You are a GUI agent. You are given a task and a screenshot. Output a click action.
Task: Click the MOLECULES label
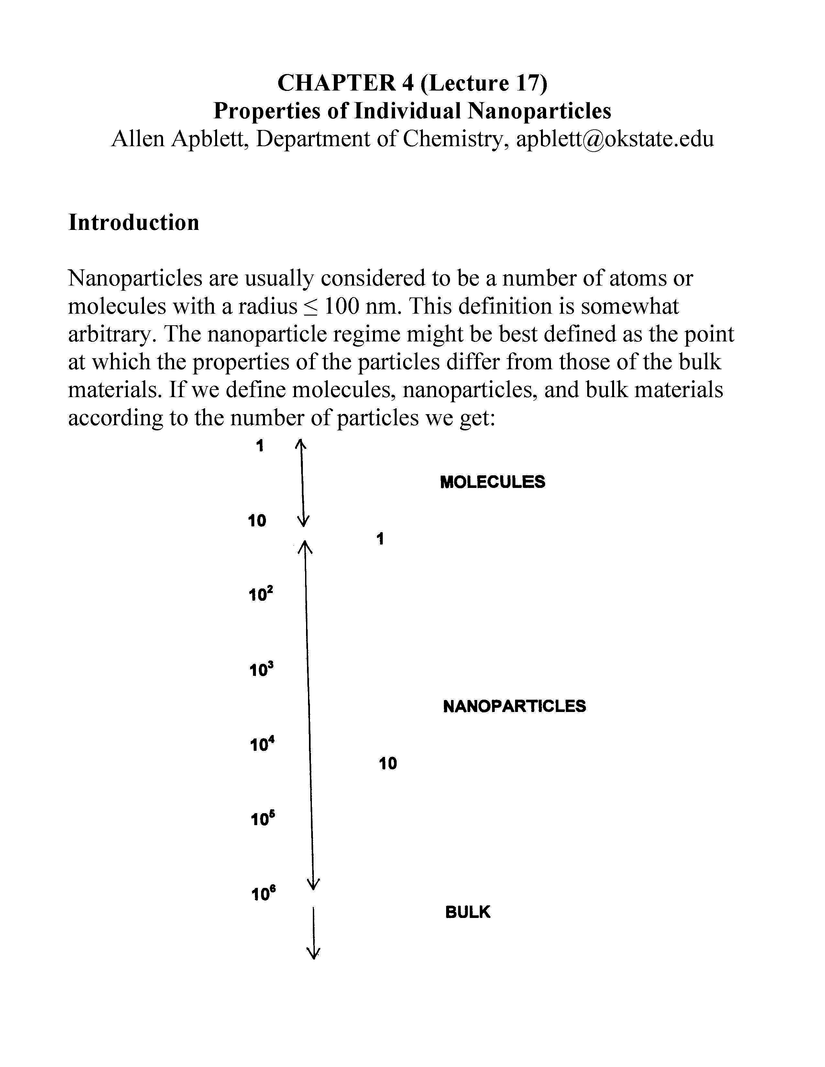492,482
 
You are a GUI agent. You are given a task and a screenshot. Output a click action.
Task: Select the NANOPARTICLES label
514,706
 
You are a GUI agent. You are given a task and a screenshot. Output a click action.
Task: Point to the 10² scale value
260,595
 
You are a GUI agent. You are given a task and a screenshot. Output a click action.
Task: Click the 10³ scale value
261,669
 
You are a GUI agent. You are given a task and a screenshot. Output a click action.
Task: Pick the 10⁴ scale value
262,744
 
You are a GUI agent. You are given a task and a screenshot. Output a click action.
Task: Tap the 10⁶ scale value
263,894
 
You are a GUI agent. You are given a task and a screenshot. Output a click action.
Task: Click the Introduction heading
133,222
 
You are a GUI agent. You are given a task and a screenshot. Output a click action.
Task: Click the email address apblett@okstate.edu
615,139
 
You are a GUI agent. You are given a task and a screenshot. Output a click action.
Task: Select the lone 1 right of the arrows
380,539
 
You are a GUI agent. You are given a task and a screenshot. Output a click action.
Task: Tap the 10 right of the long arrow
388,763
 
